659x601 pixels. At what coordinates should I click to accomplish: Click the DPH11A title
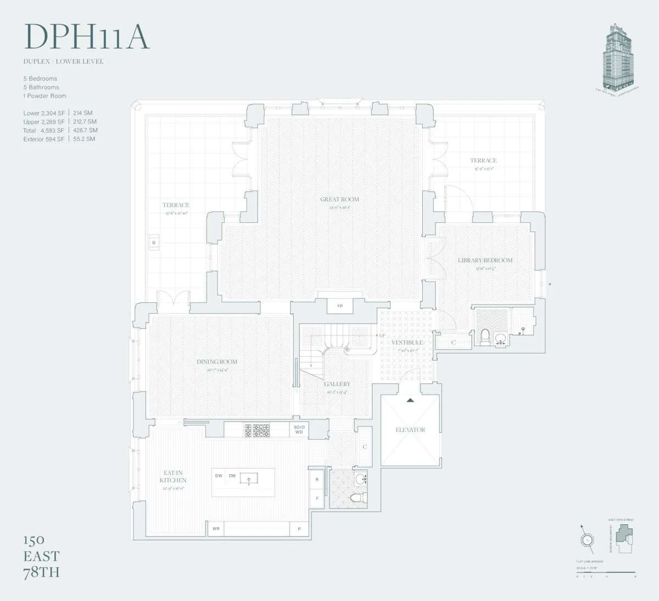[x=87, y=37]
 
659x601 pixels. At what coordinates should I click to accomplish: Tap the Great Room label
[x=339, y=200]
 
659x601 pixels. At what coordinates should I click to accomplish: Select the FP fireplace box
[x=340, y=306]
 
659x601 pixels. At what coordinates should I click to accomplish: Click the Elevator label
[x=410, y=430]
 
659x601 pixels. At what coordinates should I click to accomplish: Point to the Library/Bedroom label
[x=485, y=260]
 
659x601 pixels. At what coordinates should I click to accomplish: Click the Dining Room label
[x=217, y=362]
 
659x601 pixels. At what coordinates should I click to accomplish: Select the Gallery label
[x=337, y=384]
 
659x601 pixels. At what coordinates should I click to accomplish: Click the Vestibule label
[x=406, y=342]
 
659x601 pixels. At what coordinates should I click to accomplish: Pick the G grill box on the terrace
[x=154, y=243]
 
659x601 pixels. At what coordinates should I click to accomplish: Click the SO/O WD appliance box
[x=299, y=429]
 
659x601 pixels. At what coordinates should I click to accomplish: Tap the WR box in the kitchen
[x=216, y=529]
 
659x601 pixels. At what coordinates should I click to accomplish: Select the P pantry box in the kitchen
[x=299, y=529]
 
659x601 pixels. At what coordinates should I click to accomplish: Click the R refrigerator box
[x=317, y=479]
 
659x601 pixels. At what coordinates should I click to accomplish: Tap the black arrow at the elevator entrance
[x=410, y=400]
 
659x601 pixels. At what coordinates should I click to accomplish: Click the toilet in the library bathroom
[x=484, y=335]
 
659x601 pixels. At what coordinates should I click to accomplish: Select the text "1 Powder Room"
[x=44, y=96]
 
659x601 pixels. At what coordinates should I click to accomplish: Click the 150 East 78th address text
[x=41, y=556]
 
